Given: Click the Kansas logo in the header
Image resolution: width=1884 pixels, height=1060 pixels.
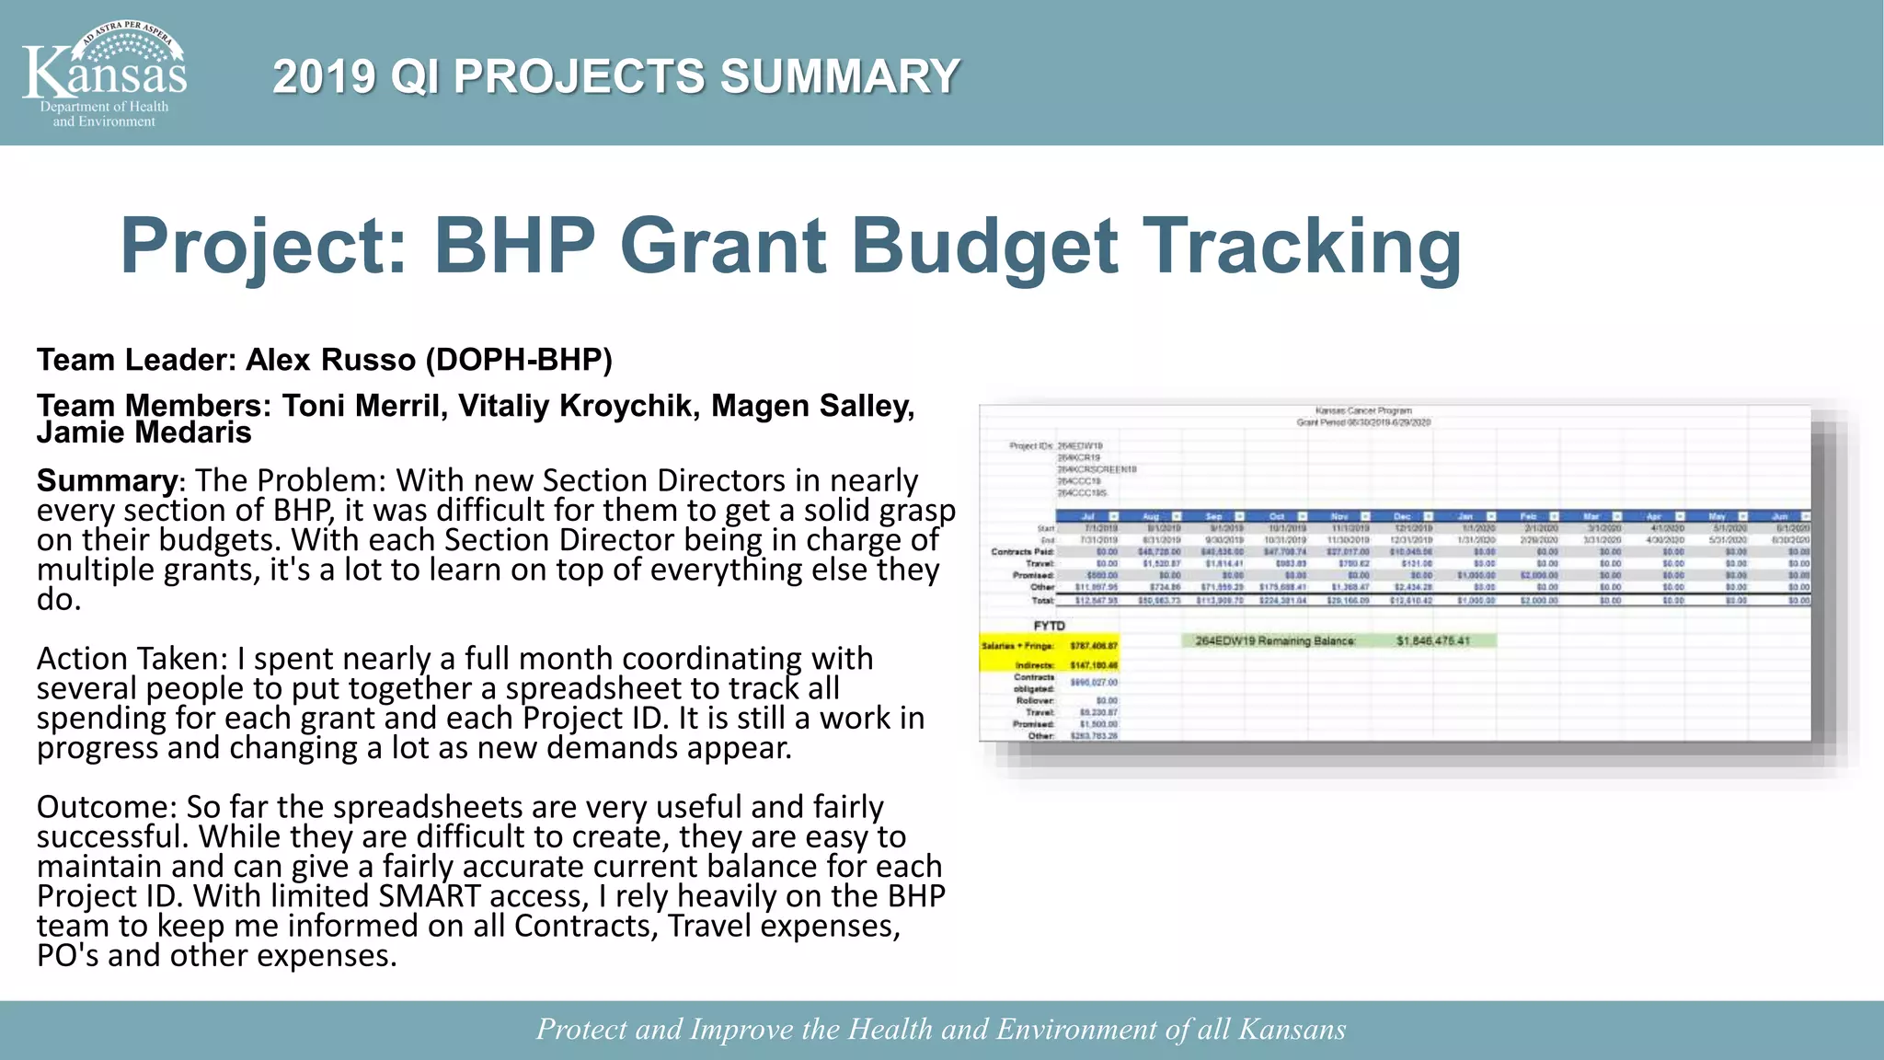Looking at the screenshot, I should point(104,74).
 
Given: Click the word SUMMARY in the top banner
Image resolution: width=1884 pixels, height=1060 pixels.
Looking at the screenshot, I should point(839,76).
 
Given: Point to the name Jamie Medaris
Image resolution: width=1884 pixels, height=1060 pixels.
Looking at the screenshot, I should point(144,432).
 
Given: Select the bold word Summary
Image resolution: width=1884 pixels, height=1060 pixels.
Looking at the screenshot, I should point(107,480).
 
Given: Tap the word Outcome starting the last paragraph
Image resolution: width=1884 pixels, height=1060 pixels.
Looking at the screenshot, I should point(105,807).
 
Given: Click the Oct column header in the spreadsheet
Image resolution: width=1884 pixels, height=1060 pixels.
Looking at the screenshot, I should point(1278,516).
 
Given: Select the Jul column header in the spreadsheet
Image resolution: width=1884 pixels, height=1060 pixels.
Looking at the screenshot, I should point(1088,516).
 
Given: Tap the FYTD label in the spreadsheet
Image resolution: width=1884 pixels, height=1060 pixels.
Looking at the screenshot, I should point(1049,626).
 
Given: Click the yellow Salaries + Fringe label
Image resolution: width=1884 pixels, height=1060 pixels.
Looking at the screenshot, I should point(1017,646).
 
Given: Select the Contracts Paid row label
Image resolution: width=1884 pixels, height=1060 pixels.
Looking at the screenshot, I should point(1022,551).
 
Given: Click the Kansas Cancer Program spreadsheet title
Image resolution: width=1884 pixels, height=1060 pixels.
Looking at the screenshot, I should point(1362,410).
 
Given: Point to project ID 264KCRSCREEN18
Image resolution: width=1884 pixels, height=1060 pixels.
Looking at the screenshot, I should point(1097,469).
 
